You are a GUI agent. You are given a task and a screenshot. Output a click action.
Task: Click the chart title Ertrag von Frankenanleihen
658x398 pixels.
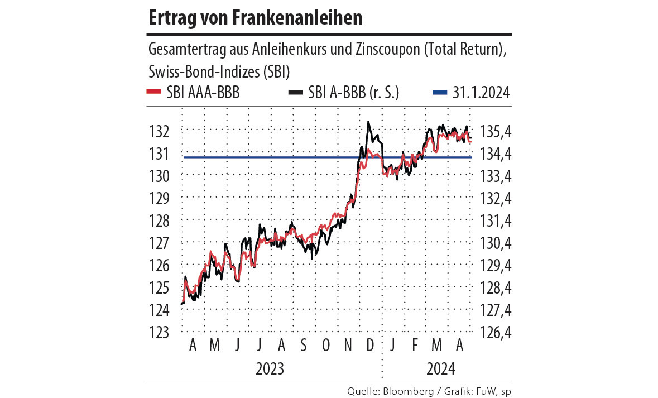(x=256, y=18)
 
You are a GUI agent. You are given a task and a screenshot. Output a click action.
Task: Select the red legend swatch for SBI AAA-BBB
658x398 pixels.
(x=153, y=93)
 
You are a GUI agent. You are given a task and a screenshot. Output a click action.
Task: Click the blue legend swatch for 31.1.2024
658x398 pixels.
(x=440, y=93)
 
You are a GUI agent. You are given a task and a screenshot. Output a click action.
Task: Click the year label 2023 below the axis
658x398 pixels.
(x=270, y=369)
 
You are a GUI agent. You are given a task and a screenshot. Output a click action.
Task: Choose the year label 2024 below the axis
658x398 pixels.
(x=441, y=369)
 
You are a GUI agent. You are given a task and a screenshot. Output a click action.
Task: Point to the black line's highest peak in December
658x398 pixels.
(x=368, y=122)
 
